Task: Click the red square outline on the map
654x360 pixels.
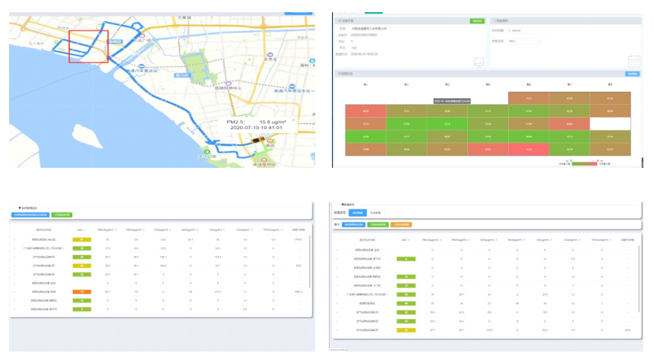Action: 88,47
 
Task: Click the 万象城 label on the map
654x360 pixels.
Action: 185,17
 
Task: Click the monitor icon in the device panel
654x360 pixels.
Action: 478,61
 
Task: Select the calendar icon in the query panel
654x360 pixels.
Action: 634,62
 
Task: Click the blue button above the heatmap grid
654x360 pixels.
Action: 631,74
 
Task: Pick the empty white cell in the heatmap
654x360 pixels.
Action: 611,123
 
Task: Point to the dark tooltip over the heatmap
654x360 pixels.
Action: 452,100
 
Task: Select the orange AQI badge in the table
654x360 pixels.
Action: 77,292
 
